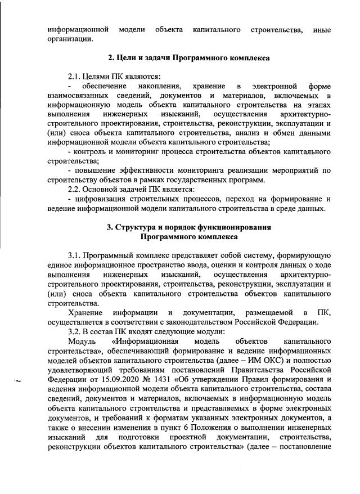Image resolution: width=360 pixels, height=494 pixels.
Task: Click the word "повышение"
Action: [x=92, y=170]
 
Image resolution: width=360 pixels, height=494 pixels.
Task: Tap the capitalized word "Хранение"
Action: [x=85, y=312]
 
